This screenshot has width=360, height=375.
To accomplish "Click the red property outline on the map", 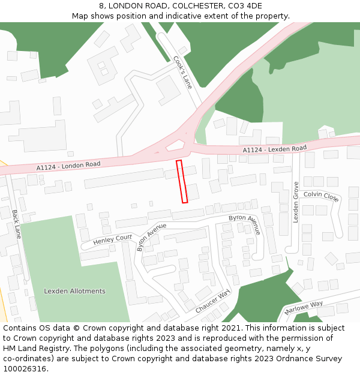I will click(x=182, y=181).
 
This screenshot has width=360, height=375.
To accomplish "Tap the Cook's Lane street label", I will click(x=182, y=72).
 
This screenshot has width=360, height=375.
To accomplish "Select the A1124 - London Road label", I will click(x=68, y=164).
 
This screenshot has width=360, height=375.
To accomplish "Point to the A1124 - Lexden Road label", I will click(x=274, y=149).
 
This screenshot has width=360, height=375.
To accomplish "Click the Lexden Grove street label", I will click(x=296, y=203).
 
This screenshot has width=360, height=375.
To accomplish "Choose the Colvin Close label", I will click(x=321, y=196).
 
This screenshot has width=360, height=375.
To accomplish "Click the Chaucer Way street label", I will click(x=212, y=302).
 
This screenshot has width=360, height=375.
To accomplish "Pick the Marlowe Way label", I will click(x=304, y=308).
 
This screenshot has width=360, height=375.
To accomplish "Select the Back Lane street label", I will click(x=16, y=224).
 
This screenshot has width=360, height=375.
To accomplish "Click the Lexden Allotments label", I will click(x=74, y=291).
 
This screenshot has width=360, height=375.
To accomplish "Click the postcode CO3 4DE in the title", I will click(x=245, y=6).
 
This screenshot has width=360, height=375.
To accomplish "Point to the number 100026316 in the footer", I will click(x=24, y=369).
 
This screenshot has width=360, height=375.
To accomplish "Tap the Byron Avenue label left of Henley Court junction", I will click(x=151, y=236).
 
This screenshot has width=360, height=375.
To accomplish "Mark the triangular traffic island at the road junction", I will click(x=175, y=145).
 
